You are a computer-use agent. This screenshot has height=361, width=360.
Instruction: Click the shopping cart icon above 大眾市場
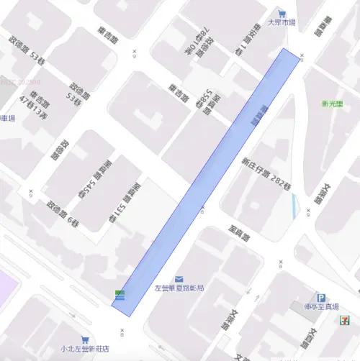282,13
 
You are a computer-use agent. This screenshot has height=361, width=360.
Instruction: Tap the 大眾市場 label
282,23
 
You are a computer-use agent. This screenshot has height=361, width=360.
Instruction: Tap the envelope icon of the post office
179,278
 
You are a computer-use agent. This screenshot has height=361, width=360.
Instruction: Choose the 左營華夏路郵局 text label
179,288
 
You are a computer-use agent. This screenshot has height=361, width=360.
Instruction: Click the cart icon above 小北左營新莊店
85,339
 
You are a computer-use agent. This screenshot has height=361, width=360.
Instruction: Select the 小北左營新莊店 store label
84,349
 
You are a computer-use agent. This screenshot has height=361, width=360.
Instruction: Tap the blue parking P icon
321,297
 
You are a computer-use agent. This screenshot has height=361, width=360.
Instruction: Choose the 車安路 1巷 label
248,39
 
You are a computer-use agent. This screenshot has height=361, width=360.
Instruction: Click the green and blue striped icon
120,294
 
